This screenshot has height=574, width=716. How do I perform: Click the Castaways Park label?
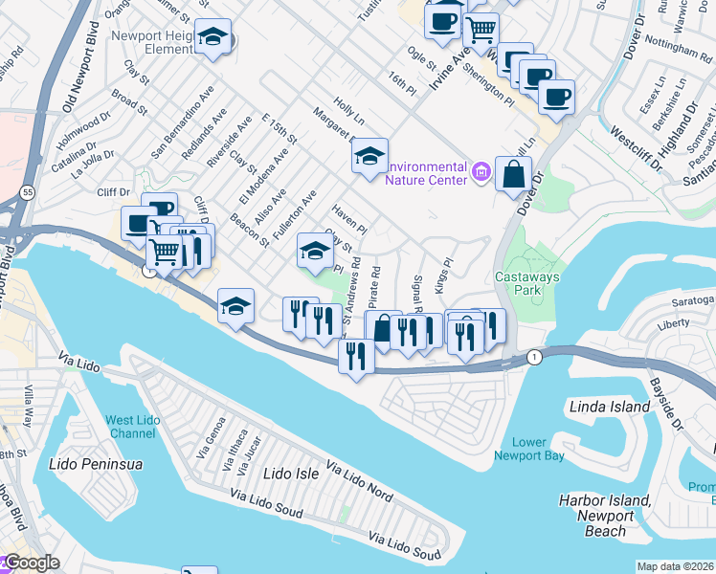(526, 286)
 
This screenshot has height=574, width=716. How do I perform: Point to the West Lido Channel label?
(131, 427)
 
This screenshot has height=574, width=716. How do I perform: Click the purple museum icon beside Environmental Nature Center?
(481, 173)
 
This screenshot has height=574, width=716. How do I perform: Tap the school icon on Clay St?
(315, 251)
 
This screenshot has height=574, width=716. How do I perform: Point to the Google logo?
(31, 563)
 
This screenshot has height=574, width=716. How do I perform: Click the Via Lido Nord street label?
(359, 481)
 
